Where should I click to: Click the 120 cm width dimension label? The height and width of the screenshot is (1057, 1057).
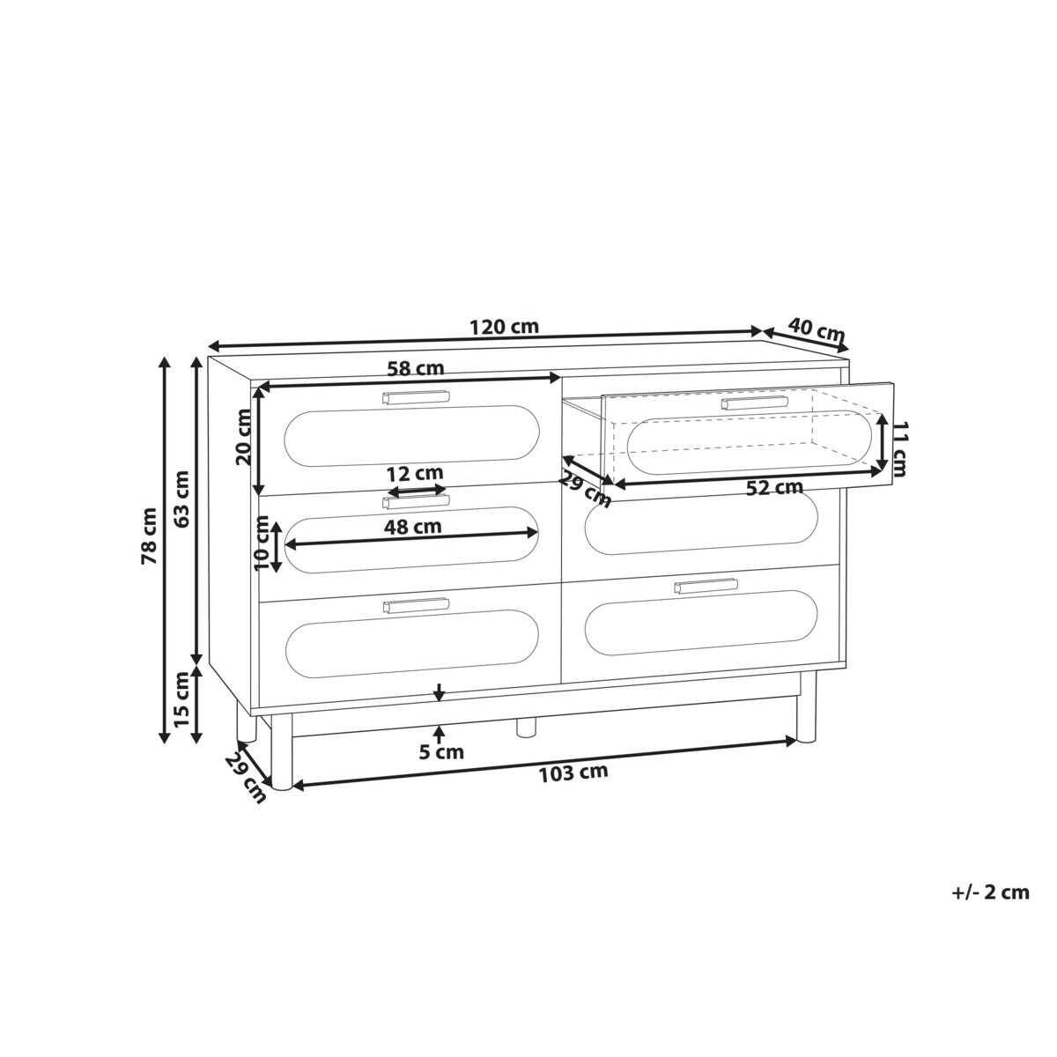(504, 327)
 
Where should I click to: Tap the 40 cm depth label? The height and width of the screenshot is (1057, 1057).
(817, 330)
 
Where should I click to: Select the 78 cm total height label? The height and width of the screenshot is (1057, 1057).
(149, 536)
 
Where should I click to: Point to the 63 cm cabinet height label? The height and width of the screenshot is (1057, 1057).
(181, 499)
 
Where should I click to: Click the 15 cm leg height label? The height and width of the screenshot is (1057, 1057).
(181, 699)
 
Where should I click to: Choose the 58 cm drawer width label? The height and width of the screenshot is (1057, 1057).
(415, 368)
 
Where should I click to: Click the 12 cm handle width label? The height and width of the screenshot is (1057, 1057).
(415, 473)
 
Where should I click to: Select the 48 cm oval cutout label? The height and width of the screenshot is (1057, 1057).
(412, 527)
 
